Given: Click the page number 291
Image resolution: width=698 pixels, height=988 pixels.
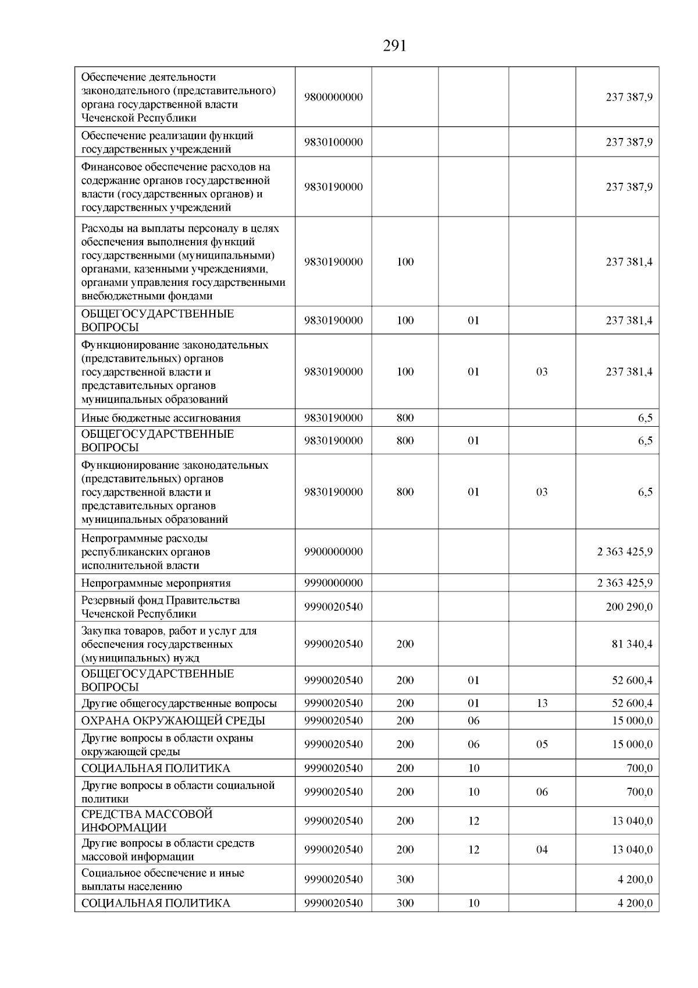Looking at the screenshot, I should [x=394, y=46].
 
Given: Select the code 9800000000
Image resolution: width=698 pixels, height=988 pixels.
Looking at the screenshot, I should [x=333, y=97].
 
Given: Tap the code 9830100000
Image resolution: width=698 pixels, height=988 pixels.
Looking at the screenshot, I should [x=333, y=142].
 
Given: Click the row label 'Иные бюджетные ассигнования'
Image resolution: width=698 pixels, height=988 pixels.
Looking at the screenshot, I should [x=161, y=417].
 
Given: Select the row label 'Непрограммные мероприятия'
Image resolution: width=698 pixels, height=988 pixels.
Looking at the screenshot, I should [x=156, y=583].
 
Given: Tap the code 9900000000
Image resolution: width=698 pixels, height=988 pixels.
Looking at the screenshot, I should [x=333, y=551].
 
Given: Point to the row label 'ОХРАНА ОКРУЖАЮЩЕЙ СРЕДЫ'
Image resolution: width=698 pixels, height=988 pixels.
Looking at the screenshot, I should [x=173, y=720].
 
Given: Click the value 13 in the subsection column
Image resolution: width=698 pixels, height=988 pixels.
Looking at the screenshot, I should [x=542, y=703].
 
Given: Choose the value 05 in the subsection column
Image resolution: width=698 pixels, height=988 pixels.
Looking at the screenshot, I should [x=542, y=744].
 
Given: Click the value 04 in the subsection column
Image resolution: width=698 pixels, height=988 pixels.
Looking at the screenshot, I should [x=542, y=849].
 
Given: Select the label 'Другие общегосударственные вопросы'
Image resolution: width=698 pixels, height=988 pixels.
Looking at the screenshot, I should [x=179, y=703].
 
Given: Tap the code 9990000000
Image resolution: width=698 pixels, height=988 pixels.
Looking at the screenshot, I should [x=333, y=583].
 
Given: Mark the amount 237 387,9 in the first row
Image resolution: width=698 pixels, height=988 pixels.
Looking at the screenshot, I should [x=629, y=97].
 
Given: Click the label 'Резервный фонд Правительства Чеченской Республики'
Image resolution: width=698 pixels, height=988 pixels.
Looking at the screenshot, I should [x=161, y=607].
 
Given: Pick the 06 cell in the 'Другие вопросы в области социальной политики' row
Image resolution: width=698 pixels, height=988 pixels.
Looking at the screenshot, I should [x=542, y=792].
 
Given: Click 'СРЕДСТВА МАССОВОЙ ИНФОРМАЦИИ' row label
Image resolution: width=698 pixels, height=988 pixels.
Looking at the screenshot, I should [x=147, y=820].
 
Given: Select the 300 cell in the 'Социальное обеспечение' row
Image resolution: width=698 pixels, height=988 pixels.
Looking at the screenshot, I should [x=405, y=879].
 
